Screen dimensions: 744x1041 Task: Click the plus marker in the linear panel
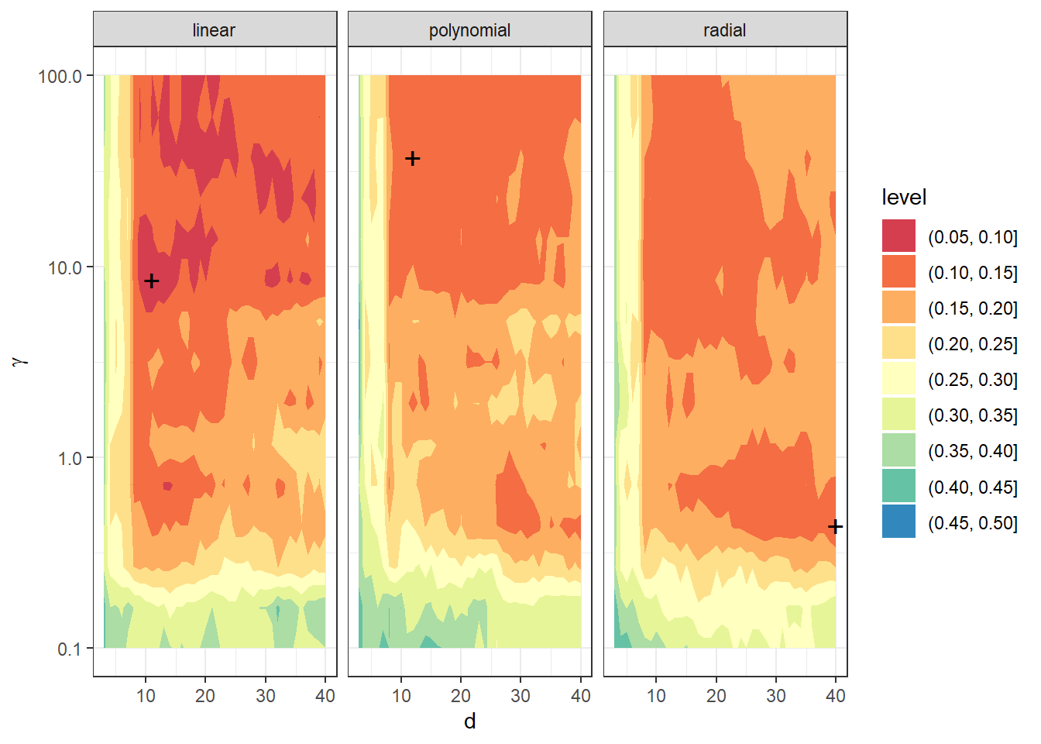tap(152, 281)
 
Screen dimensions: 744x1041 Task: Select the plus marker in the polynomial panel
tap(413, 159)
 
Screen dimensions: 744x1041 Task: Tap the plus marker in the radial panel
tap(835, 527)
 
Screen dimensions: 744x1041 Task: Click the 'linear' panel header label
tap(214, 30)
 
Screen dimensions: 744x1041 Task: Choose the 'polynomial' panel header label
tap(469, 30)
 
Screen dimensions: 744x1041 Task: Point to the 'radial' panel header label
tap(724, 30)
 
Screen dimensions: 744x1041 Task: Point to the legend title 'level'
tap(904, 198)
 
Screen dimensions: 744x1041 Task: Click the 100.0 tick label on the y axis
tap(60, 76)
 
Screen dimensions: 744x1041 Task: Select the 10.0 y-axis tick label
tap(64, 267)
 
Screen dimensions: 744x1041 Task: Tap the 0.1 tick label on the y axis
tap(69, 649)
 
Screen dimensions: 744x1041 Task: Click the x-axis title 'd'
tap(469, 722)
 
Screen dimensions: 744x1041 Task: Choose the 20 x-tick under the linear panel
tap(205, 696)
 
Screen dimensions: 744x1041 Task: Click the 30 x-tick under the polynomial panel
tap(520, 696)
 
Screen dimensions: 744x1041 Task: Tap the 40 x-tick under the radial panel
tap(836, 696)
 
